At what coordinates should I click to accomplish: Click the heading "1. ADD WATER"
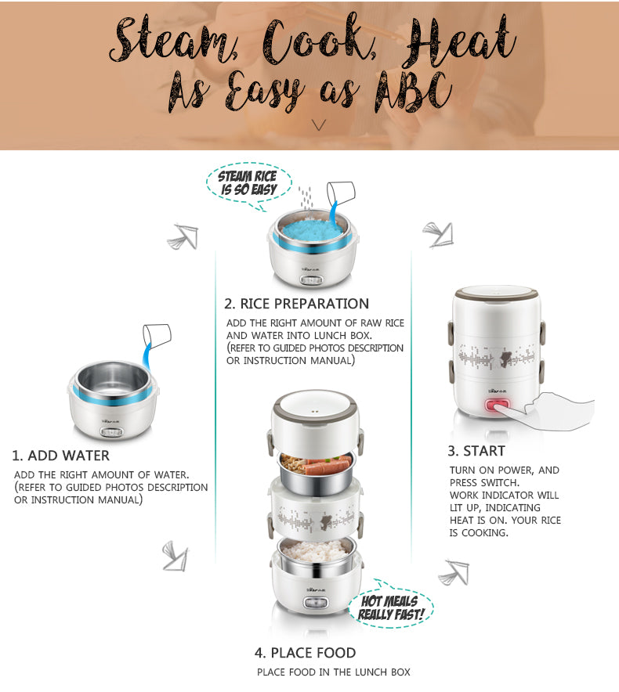(x=60, y=456)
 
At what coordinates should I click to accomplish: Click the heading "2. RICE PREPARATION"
(x=296, y=304)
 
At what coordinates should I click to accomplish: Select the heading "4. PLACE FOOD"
(x=306, y=653)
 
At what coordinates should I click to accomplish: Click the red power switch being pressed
(x=497, y=405)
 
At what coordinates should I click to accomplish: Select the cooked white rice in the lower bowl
(x=316, y=550)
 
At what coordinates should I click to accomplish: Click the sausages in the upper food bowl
(x=328, y=465)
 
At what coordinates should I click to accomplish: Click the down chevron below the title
(x=319, y=125)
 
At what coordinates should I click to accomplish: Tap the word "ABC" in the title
(x=414, y=92)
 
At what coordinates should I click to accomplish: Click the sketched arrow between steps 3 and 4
(x=454, y=572)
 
